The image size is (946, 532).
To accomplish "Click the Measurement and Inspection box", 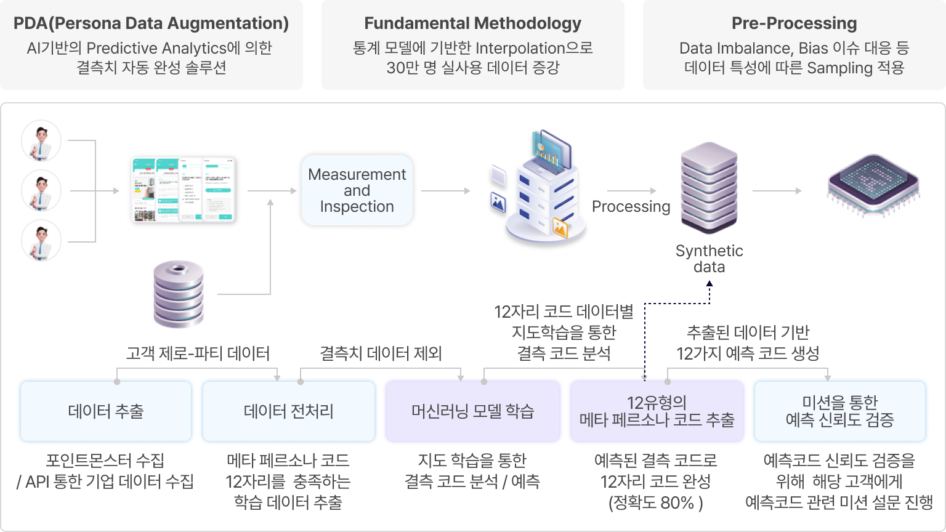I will pyautogui.click(x=357, y=190).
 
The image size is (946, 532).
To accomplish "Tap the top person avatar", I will pyautogui.click(x=41, y=141).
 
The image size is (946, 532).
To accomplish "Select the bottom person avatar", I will pyautogui.click(x=41, y=241).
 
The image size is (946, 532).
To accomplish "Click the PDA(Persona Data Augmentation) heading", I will pyautogui.click(x=151, y=23).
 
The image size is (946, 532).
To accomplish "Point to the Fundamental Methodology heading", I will pyautogui.click(x=472, y=23).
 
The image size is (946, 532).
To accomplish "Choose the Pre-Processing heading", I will pyautogui.click(x=794, y=23).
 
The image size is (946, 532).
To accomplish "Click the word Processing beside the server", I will pyautogui.click(x=631, y=206).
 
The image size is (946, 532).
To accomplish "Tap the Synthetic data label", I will pyautogui.click(x=709, y=259).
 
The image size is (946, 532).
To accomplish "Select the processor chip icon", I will pyautogui.click(x=873, y=185).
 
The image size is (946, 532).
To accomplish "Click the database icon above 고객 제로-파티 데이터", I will pyautogui.click(x=179, y=294).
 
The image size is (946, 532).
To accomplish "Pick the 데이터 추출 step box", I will pyautogui.click(x=106, y=411).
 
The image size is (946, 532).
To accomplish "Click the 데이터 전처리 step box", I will pyautogui.click(x=288, y=411).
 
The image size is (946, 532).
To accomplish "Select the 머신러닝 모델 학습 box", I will pyautogui.click(x=472, y=411).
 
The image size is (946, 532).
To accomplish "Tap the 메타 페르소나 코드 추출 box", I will pyautogui.click(x=657, y=411).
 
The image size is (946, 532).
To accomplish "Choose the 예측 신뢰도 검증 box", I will pyautogui.click(x=839, y=411).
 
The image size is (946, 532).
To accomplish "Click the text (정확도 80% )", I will pyautogui.click(x=655, y=502).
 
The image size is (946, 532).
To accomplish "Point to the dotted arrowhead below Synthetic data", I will pyautogui.click(x=709, y=284).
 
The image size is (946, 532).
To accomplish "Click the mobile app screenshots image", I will pyautogui.click(x=184, y=190).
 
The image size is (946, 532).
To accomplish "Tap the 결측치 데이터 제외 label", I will pyautogui.click(x=381, y=353).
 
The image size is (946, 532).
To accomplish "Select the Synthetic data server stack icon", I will pyautogui.click(x=709, y=187).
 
